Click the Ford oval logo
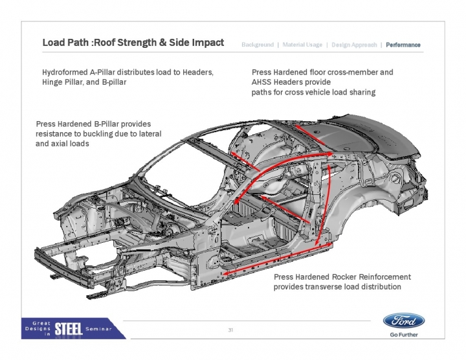[404, 321]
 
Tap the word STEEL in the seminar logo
[68, 328]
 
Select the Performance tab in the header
[403, 45]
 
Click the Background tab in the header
[258, 45]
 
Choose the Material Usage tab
[304, 45]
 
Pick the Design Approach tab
[354, 45]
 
